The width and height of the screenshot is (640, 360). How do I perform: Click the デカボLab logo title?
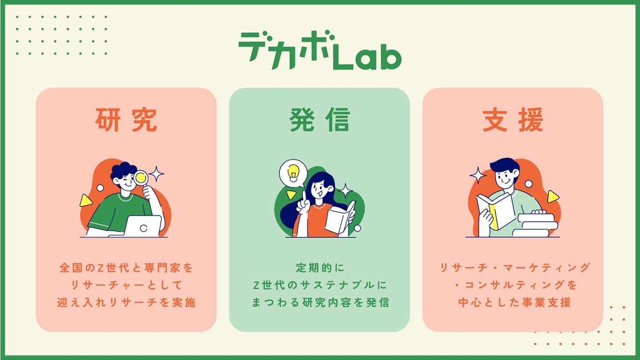coord(320,51)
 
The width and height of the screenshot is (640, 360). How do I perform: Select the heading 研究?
coord(126,120)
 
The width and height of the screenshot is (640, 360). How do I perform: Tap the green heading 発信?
coord(320,120)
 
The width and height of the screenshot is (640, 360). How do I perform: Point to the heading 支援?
coord(513,120)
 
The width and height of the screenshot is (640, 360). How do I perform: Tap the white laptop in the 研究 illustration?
coord(143,226)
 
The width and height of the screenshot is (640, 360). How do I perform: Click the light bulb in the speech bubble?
coord(293,173)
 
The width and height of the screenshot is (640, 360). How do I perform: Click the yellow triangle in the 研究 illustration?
coord(86,200)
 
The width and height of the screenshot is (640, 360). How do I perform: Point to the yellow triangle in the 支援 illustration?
coord(553,197)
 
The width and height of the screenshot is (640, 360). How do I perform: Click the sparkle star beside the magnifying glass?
coord(156,174)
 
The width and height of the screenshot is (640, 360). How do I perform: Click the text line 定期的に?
coord(320,268)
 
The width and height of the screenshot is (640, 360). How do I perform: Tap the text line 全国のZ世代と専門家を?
coord(126,268)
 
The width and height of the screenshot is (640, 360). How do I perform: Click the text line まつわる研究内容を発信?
coord(320,302)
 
